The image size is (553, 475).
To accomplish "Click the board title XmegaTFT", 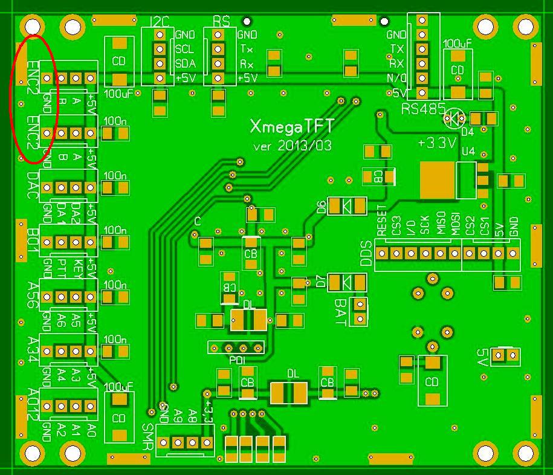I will click(x=292, y=126).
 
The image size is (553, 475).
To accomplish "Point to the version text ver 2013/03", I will click(x=292, y=146).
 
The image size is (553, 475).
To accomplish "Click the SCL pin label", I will click(x=184, y=49).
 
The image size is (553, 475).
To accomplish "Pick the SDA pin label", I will click(x=184, y=63).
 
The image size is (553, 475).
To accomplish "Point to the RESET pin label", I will click(x=381, y=221).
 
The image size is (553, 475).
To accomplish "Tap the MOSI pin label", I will click(x=454, y=224).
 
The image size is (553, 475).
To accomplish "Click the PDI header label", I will click(x=237, y=360).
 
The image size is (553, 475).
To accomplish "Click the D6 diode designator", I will click(x=321, y=207).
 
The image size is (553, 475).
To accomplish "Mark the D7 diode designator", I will click(x=321, y=281).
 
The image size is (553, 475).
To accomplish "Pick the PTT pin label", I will click(x=62, y=266).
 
